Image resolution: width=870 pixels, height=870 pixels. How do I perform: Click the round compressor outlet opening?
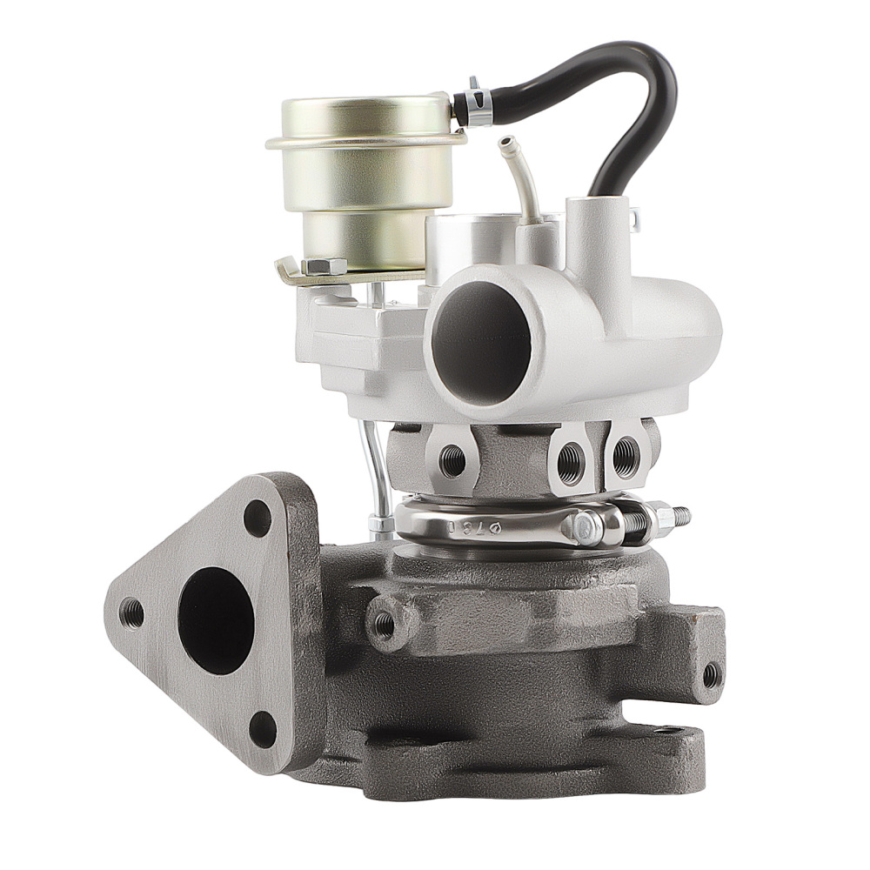[x=481, y=339]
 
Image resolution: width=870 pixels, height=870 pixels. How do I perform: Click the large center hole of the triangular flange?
[x=216, y=619]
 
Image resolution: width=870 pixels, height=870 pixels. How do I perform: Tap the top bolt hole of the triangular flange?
[x=258, y=519]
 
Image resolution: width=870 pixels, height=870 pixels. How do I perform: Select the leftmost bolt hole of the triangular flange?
[x=132, y=612]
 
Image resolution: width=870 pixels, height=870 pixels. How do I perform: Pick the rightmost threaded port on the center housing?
[x=625, y=456]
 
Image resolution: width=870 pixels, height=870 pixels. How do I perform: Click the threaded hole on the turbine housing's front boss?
[x=384, y=622]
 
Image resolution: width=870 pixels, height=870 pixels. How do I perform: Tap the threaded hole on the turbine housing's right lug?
[x=712, y=673]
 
